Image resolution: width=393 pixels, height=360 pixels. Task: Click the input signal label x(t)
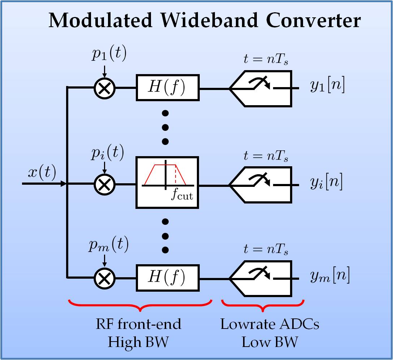pyautogui.click(x=42, y=174)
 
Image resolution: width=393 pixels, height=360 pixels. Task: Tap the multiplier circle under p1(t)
pyautogui.click(x=104, y=88)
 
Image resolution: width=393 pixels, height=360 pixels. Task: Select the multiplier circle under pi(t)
pyautogui.click(x=104, y=184)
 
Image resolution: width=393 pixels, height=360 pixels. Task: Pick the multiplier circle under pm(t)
pyautogui.click(x=104, y=278)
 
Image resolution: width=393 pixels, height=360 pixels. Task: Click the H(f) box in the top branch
pyautogui.click(x=167, y=88)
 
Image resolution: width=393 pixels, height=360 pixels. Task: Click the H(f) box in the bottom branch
pyautogui.click(x=167, y=278)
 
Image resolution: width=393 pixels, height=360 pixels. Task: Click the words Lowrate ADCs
pyautogui.click(x=270, y=324)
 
